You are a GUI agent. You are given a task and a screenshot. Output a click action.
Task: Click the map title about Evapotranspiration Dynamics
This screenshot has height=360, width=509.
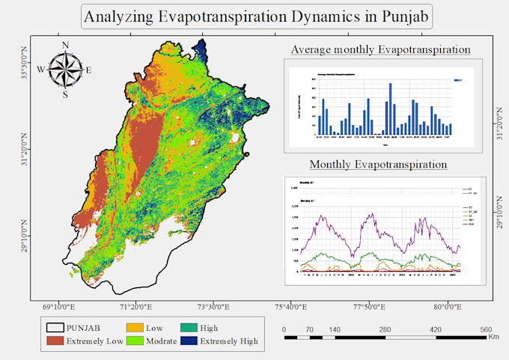257,16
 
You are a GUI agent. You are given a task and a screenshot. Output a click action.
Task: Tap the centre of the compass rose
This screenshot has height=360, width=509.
66,70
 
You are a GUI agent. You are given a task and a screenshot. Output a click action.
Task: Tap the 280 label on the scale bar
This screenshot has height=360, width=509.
385,329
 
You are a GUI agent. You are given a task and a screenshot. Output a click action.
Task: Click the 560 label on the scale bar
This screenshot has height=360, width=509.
485,329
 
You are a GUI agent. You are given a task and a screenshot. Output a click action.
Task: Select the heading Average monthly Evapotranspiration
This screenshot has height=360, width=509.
381,49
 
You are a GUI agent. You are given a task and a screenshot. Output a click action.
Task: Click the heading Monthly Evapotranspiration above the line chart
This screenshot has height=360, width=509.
378,164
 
